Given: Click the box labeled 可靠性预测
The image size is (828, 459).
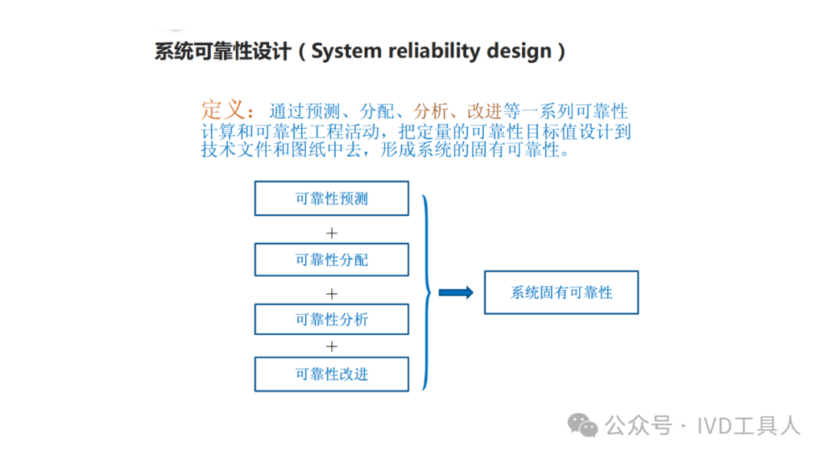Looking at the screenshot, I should click(x=331, y=198).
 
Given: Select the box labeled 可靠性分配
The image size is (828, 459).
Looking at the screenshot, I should click(x=331, y=260).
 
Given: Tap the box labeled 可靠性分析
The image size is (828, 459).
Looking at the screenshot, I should click(x=331, y=320).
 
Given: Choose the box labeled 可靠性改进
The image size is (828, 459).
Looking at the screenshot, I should click(x=331, y=374).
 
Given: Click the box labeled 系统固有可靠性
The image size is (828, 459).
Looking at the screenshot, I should click(x=561, y=292).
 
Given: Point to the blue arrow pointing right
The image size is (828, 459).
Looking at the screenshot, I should click(x=455, y=292).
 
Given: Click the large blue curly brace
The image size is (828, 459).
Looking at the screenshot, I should click(x=426, y=292).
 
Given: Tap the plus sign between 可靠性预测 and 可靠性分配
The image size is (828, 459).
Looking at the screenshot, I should click(x=331, y=232).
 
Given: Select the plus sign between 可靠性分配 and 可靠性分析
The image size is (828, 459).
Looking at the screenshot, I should click(x=331, y=293).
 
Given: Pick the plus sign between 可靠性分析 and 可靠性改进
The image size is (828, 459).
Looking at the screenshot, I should click(x=331, y=346).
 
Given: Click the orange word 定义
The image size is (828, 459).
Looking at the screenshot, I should click(x=223, y=110).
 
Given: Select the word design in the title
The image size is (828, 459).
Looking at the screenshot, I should click(x=521, y=51).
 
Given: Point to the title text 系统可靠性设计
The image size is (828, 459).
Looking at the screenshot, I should click(x=223, y=51).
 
